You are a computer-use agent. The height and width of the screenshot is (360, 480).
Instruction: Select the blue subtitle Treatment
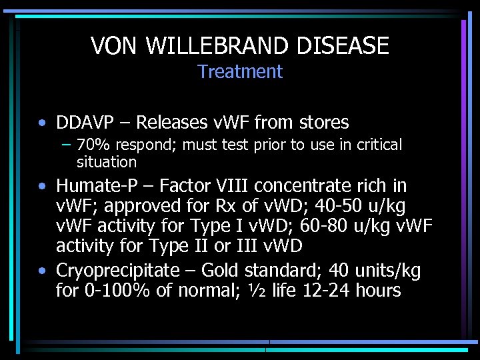coord(240,71)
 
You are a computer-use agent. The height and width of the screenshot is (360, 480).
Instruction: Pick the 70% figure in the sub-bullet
coord(91,145)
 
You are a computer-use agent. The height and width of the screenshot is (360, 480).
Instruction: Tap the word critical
coord(377,145)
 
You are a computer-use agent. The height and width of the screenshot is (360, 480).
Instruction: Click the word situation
coord(107,162)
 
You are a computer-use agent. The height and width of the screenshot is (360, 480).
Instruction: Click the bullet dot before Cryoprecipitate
coord(43,271)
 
